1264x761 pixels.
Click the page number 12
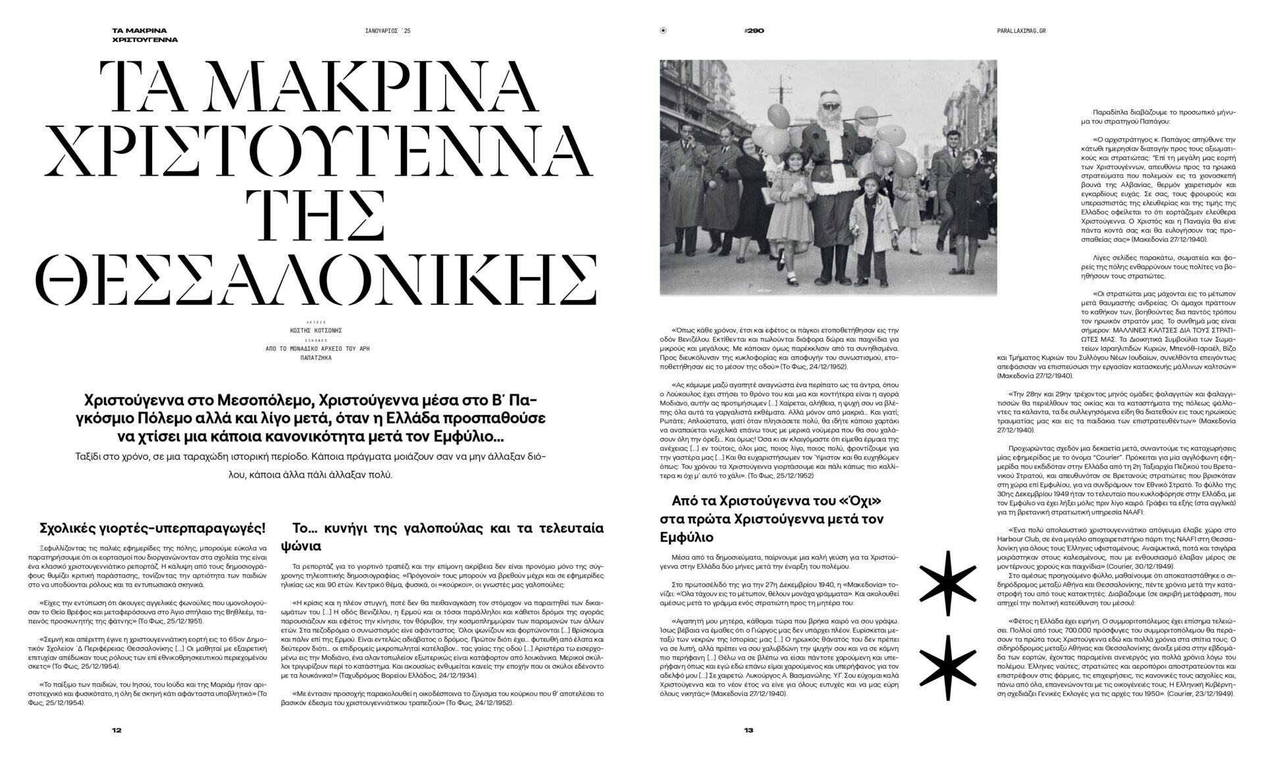click(117, 730)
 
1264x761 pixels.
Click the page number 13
click(748, 730)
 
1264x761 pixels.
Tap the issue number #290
click(754, 30)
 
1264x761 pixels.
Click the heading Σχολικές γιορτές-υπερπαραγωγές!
click(153, 528)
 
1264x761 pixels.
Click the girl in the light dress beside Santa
click(786, 197)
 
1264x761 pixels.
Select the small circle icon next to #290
click(663, 30)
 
